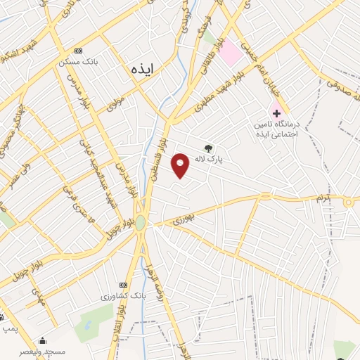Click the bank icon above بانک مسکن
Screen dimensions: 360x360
[x=78, y=51]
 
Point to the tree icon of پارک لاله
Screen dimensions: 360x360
[x=207, y=148]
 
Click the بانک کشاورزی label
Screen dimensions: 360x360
[x=124, y=297]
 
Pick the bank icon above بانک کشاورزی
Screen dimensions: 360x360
[x=124, y=285]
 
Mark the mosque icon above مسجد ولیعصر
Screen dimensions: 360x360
[x=42, y=340]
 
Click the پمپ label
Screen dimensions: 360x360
[x=8, y=328]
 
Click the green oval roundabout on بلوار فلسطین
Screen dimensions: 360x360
[x=140, y=222]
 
